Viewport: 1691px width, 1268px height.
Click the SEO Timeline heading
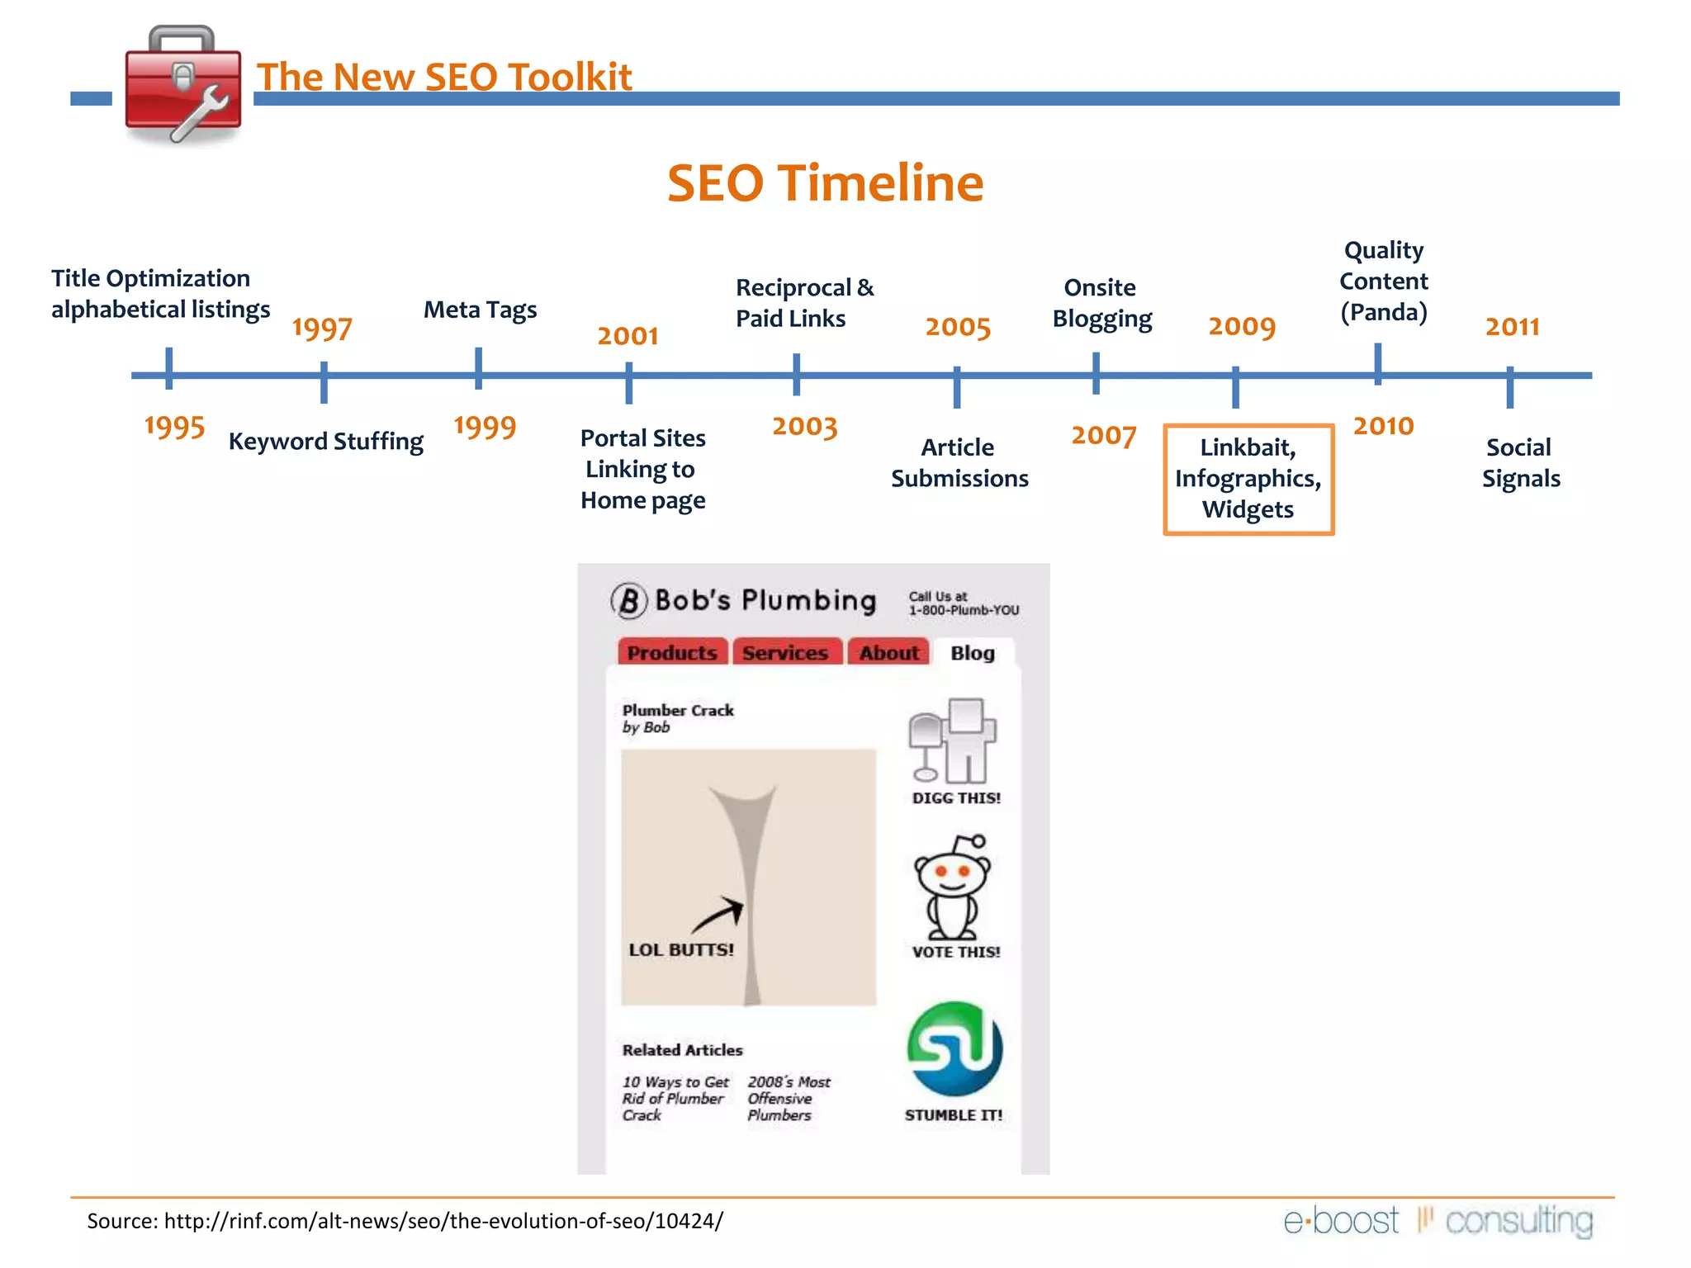[825, 183]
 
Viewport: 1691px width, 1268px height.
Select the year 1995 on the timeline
[174, 427]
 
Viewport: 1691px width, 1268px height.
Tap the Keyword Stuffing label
[325, 442]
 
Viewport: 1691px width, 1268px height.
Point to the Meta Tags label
[480, 310]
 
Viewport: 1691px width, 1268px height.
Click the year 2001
[628, 336]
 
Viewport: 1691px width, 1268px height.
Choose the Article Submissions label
[959, 463]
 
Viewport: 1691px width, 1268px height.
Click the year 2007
[1103, 435]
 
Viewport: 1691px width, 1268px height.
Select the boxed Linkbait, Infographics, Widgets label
[1248, 479]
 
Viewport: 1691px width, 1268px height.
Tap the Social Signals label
[1520, 463]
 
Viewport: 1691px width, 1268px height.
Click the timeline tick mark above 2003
[796, 375]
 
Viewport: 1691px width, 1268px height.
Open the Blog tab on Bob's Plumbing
[972, 653]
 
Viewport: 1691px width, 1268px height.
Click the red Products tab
[672, 653]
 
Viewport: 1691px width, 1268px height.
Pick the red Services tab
[784, 653]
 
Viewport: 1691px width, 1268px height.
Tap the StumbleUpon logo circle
[954, 1049]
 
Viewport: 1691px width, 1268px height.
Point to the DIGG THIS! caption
[955, 798]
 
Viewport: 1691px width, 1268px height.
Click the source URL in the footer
[443, 1221]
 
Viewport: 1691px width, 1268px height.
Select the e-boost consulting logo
[1438, 1221]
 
